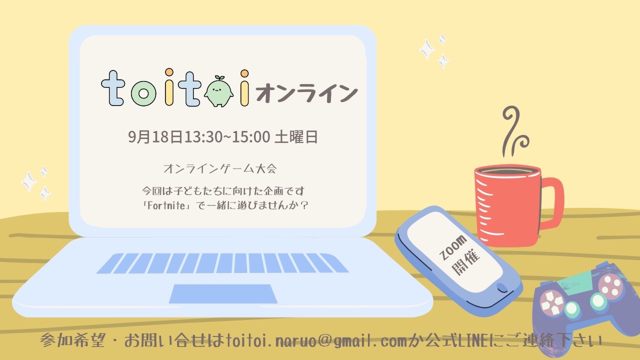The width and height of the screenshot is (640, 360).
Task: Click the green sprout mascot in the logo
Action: click(218, 91)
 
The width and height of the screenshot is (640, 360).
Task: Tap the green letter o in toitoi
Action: click(143, 93)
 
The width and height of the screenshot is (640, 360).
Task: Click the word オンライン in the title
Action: click(306, 93)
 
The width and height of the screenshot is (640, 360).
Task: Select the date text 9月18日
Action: click(155, 137)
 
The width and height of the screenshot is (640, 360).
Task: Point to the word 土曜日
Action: click(296, 137)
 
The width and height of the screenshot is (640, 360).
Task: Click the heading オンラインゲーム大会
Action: click(220, 168)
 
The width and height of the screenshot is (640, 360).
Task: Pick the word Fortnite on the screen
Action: click(166, 205)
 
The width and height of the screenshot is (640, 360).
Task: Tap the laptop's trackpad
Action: click(223, 293)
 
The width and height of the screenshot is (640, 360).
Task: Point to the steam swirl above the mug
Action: click(514, 131)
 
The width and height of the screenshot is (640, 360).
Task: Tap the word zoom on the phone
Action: click(453, 247)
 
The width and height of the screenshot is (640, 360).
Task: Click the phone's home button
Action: click(501, 287)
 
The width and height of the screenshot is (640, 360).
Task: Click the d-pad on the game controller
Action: click(551, 302)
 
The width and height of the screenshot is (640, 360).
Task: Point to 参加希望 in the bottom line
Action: click(73, 340)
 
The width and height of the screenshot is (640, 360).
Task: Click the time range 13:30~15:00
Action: click(227, 137)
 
